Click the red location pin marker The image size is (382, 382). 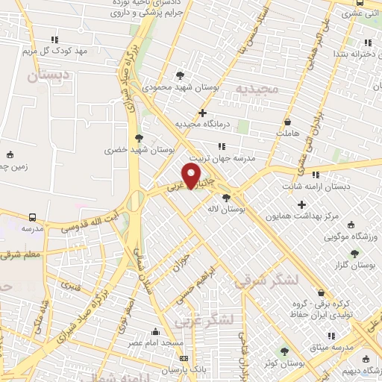(x=192, y=176)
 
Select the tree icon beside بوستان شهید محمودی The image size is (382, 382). (x=181, y=75)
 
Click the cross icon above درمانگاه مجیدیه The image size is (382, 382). (x=202, y=112)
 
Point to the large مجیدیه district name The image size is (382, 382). (x=257, y=89)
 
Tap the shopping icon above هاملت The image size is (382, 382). (x=287, y=122)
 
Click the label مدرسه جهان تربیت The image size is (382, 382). (x=221, y=159)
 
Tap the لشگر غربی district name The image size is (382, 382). (x=204, y=320)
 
